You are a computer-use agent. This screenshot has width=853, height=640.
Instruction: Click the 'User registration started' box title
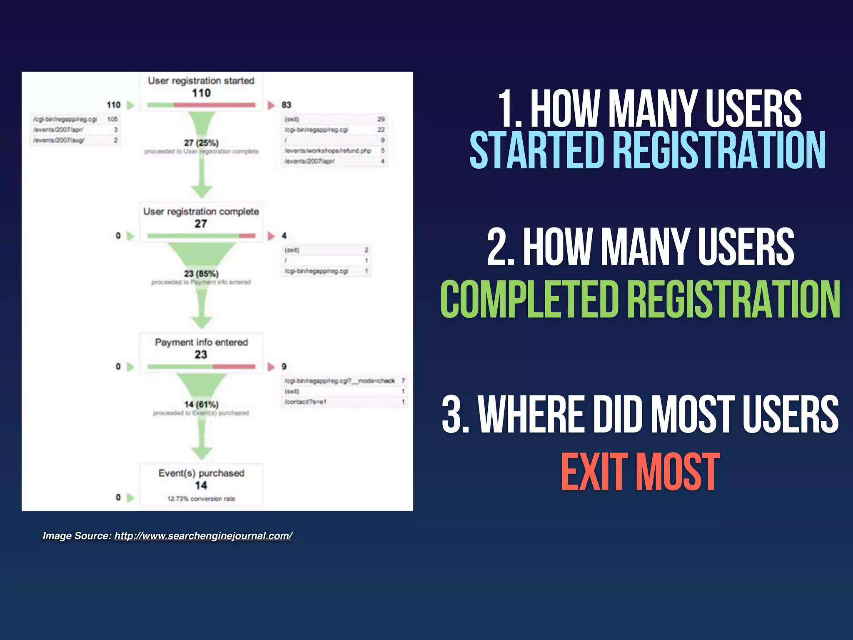coord(201,81)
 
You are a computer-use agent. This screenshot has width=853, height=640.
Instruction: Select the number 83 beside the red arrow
coord(286,105)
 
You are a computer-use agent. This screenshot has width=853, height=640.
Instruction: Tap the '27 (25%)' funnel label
coord(201,143)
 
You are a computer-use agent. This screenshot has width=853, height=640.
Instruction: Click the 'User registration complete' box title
coord(201,212)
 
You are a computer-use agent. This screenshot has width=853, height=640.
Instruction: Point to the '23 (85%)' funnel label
coord(201,274)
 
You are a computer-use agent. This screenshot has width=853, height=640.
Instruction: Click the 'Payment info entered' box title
coord(201,342)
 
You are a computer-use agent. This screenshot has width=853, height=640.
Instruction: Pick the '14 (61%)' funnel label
coord(201,405)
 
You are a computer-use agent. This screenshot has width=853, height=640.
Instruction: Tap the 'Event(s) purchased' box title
coord(201,473)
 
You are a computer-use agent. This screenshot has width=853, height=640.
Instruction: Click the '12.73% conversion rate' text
coord(201,499)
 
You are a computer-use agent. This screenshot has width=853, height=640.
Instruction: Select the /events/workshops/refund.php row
coord(328,151)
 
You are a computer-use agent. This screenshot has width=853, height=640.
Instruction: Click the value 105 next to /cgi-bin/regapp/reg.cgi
coord(112,119)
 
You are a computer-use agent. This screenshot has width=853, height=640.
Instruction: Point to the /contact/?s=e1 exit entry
coord(305,402)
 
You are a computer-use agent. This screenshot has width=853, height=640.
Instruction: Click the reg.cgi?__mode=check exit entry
coord(339,381)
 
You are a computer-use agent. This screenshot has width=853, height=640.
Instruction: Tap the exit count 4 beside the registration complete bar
coord(284,236)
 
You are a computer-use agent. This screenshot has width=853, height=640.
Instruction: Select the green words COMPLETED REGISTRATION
coord(640,299)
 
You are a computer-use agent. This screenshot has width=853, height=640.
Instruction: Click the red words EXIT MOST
coord(640,472)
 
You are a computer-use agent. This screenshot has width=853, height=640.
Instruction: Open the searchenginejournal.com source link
coord(203,536)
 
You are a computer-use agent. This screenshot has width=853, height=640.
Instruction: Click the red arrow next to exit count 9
coord(271,367)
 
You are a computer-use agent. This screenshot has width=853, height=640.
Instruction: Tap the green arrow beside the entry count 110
coord(130,105)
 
